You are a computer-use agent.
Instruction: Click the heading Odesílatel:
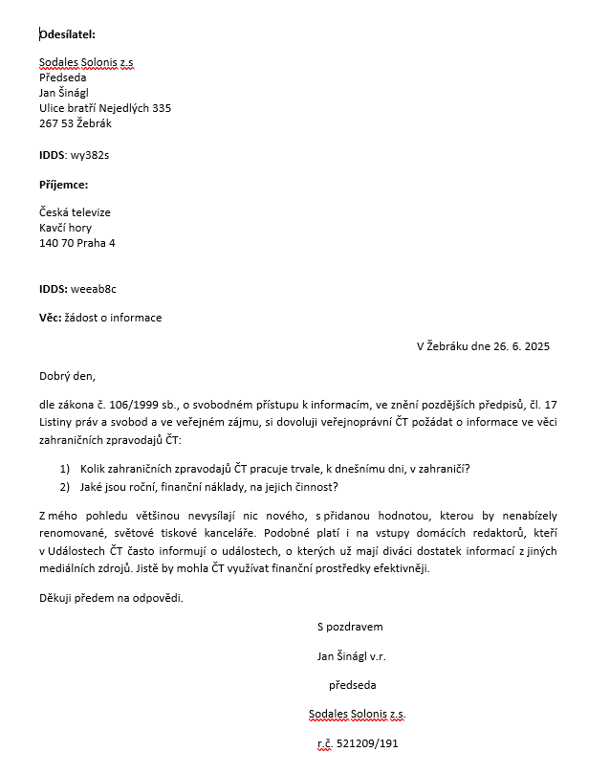coord(67,34)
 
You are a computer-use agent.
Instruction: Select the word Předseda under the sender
coord(62,77)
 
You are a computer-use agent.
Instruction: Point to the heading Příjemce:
coord(63,184)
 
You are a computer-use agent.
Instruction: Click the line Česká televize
coord(75,212)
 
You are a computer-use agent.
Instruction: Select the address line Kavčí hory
coord(65,228)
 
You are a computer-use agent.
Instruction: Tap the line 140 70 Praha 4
coord(76,243)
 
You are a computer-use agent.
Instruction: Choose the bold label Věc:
coord(51,318)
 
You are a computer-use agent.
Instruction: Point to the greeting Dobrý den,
coord(67,376)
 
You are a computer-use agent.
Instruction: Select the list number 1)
coord(65,468)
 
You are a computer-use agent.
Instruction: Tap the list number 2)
coord(65,486)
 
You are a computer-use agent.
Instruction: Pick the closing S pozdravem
coord(350,627)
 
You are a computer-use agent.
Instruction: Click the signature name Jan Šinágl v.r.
coord(351,656)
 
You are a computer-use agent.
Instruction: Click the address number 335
coord(161,108)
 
